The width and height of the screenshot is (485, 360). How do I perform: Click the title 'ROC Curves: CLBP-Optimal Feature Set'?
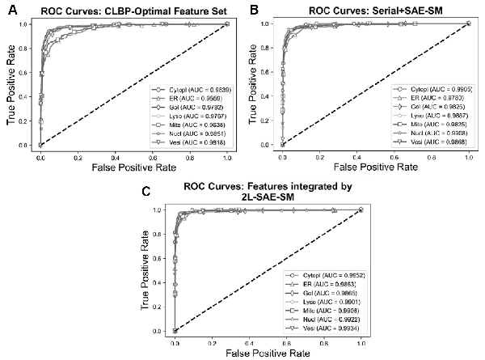(120, 10)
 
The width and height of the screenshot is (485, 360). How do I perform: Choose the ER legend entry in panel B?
(428, 97)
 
